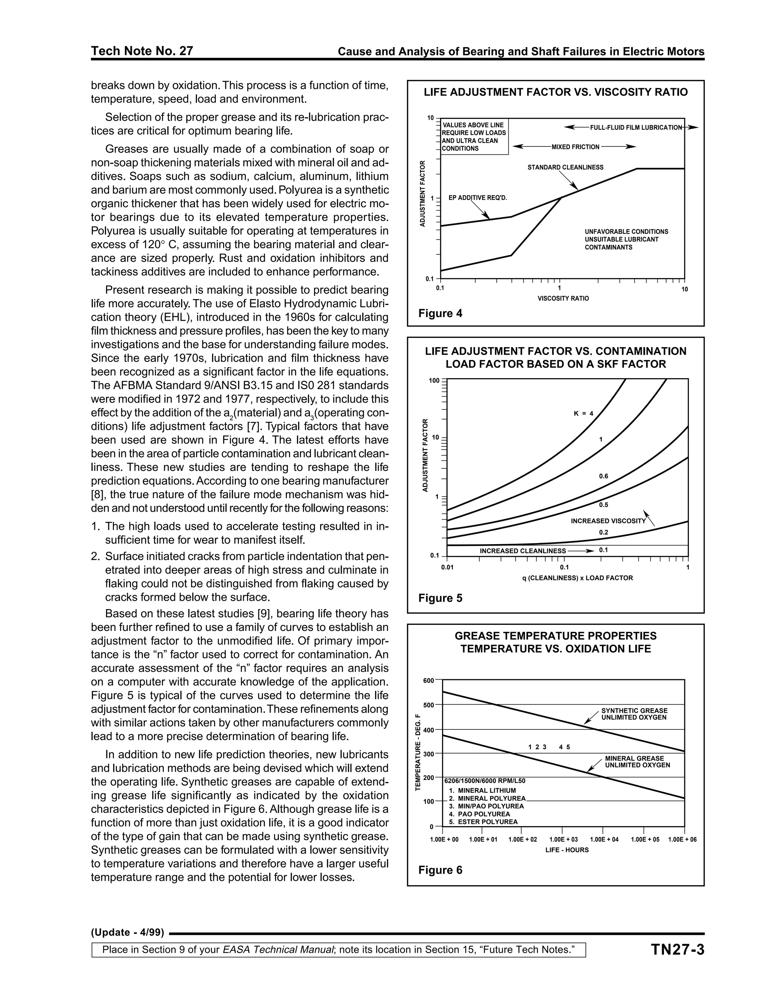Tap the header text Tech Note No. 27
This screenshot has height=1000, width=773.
(x=142, y=51)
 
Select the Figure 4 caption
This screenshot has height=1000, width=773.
(x=440, y=313)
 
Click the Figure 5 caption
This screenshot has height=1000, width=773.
(x=440, y=598)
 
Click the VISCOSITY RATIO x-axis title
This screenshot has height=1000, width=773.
(x=563, y=298)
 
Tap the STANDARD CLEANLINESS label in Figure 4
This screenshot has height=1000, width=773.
(x=565, y=168)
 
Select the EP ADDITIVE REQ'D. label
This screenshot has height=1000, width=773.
(x=477, y=198)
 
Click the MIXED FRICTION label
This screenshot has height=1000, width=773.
(x=575, y=147)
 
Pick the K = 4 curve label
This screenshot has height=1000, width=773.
(x=584, y=414)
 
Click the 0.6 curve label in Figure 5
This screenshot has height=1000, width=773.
(x=604, y=476)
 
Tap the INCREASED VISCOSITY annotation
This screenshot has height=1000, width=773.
(x=608, y=521)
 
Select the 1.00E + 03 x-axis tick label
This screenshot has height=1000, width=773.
(x=563, y=839)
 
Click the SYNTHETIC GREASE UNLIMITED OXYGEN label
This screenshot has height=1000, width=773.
(x=634, y=714)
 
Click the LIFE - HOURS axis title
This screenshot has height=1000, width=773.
(x=567, y=850)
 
